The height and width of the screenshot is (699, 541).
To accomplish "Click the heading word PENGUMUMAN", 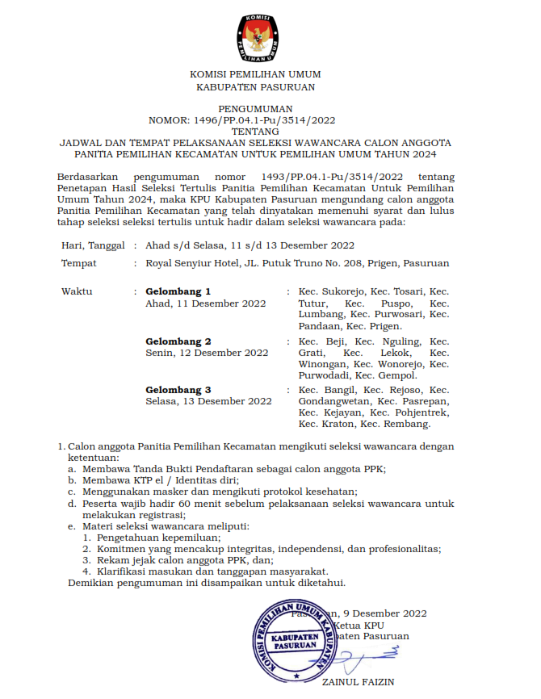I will tap(254, 108).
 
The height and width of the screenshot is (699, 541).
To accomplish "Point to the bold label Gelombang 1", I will tap(178, 291).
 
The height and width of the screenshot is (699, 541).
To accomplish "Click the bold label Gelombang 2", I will tap(178, 341).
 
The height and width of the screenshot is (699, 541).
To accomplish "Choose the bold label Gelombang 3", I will tap(178, 390).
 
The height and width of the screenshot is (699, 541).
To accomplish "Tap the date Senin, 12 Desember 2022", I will tap(207, 353).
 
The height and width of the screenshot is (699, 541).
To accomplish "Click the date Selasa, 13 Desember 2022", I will tap(208, 401).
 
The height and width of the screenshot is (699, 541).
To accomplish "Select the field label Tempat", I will tap(78, 263).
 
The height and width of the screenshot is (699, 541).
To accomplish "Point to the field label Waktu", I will tap(77, 291).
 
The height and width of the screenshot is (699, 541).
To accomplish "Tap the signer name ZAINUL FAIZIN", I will tap(358, 682).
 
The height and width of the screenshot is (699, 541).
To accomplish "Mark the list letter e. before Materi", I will tap(72, 525).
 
